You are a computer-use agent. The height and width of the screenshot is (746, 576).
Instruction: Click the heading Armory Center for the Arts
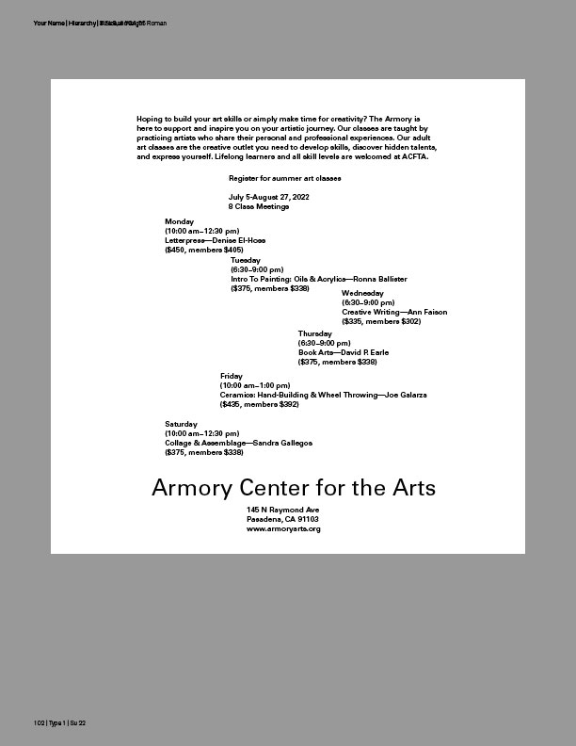click(294, 488)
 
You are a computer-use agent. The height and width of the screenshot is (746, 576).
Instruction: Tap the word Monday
click(179, 221)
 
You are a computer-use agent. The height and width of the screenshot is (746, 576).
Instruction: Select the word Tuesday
click(246, 259)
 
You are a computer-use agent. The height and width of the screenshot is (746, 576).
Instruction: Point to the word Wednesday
click(362, 293)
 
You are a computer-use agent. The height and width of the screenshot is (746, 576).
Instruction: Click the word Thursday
click(314, 333)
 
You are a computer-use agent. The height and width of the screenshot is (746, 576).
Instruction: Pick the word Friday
click(232, 376)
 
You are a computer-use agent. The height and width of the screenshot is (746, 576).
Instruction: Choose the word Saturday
click(182, 424)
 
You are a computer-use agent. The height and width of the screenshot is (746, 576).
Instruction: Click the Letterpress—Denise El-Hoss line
click(215, 240)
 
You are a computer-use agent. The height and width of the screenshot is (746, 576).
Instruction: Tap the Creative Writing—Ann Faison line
click(394, 312)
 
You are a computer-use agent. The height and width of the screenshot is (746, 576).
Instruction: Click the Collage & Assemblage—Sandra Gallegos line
click(238, 443)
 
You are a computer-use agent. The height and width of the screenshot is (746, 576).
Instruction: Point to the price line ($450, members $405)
click(204, 250)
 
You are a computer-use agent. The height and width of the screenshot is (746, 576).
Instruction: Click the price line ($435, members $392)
click(259, 404)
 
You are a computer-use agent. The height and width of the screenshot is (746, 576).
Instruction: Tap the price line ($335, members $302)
click(381, 321)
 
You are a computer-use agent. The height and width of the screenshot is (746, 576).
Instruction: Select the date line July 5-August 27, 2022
click(268, 196)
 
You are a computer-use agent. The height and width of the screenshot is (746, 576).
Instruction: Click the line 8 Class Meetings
click(258, 205)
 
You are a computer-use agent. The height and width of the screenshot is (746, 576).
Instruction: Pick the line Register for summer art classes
click(284, 177)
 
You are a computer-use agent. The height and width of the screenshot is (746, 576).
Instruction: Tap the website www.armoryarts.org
click(283, 528)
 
